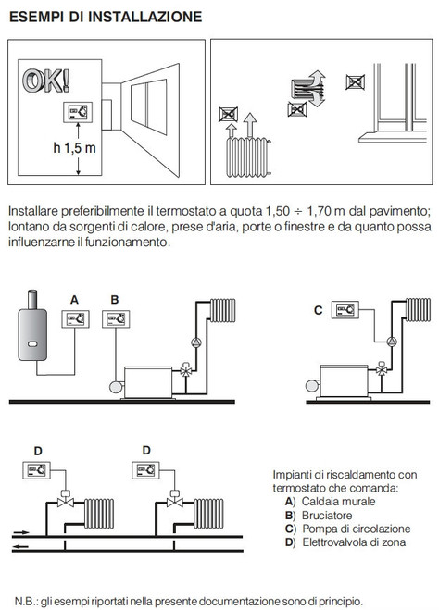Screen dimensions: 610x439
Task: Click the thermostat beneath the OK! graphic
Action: [x=76, y=113]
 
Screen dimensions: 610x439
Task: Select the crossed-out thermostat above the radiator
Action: [x=227, y=114]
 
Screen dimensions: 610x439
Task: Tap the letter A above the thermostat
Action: [x=74, y=298]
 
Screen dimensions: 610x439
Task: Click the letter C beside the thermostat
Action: [x=318, y=310]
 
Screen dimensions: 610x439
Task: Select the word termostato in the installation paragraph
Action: [x=156, y=211]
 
